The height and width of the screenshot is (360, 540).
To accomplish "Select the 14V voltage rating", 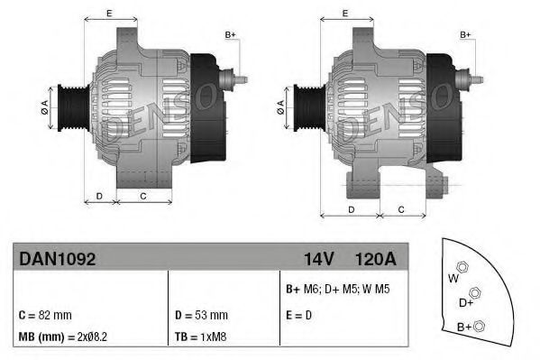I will [x=319, y=259].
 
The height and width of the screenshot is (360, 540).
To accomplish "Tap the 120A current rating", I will [x=376, y=259].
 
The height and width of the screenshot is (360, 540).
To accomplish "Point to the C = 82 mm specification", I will [x=45, y=315].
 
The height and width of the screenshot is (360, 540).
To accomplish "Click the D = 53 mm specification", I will [x=200, y=315].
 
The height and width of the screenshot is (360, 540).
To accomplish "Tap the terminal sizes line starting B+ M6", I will [x=338, y=290].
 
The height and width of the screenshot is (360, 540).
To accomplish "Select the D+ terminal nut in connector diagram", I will [x=474, y=293].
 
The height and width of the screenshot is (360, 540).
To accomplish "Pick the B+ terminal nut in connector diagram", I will [x=480, y=326].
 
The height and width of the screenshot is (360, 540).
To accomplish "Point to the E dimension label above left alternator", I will [x=109, y=14].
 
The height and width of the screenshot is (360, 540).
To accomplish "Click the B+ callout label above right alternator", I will [x=466, y=34].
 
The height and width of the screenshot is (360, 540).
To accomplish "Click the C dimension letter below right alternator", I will [x=401, y=210].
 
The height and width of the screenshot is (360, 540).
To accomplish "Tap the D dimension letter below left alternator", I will [x=99, y=195].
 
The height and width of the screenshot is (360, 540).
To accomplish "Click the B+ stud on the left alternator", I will [x=241, y=78].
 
